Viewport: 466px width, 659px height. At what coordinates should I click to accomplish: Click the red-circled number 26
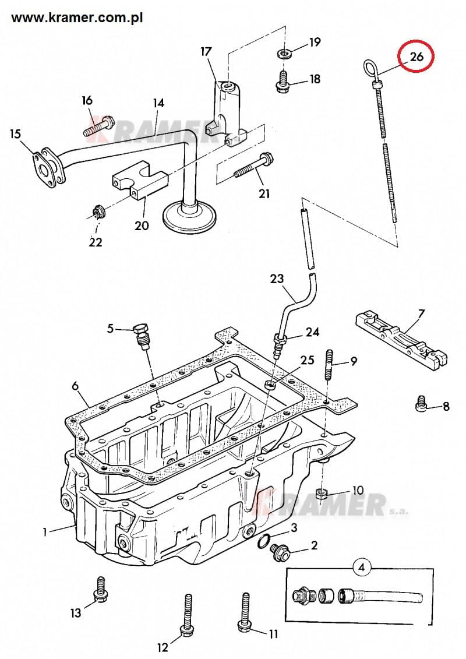[x=416, y=57]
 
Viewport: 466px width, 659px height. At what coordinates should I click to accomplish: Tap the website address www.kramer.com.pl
[x=77, y=18]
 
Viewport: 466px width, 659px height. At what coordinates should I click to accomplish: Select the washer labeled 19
[x=285, y=54]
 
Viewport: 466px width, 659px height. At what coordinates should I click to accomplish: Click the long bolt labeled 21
[x=254, y=167]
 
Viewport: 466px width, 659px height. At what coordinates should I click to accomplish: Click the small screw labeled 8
[x=421, y=404]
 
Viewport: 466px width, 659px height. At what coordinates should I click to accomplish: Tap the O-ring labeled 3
[x=264, y=542]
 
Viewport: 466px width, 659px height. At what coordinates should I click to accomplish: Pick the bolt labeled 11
[x=245, y=612]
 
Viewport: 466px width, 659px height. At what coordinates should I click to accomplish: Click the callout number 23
[x=277, y=279]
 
